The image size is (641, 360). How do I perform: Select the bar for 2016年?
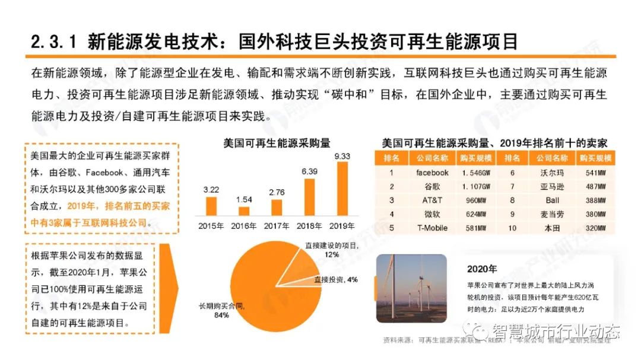244,210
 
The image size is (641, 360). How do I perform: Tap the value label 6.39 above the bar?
309,171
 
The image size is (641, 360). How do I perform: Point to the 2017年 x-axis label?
277,226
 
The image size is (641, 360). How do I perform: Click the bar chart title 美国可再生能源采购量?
277,143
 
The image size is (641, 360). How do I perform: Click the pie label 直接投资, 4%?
336,279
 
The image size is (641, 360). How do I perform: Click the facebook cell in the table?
432,173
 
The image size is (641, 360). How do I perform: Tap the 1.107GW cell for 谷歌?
476,186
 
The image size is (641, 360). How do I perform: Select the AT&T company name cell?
432,200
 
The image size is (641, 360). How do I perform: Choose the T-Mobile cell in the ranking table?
432,228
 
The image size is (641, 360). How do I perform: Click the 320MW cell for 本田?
595,228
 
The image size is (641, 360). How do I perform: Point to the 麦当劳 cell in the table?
552,214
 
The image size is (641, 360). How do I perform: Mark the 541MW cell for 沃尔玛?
595,173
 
